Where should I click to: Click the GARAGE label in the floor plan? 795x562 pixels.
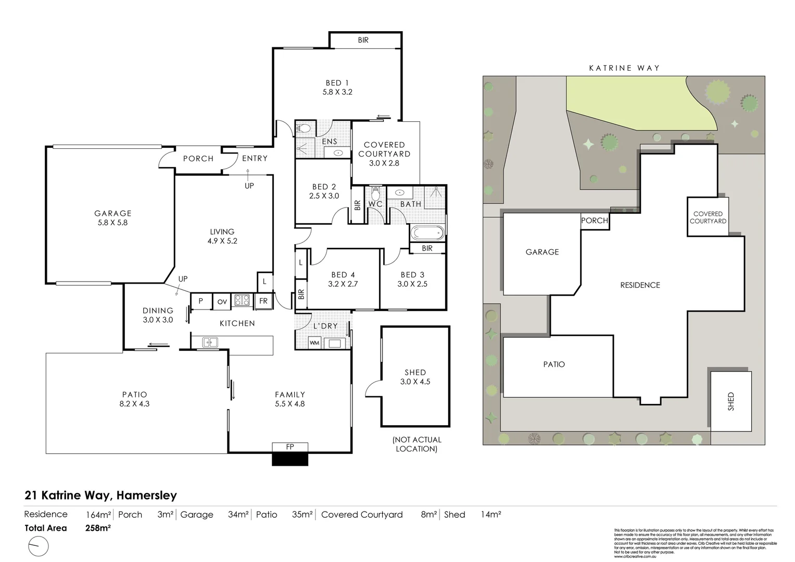(x=112, y=213)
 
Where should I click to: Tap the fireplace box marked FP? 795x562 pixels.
(x=290, y=447)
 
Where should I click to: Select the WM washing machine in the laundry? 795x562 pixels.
(x=314, y=343)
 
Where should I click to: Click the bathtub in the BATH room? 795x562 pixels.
(x=427, y=233)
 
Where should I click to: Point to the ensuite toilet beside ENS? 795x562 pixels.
(x=304, y=128)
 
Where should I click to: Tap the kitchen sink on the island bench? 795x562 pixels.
(x=211, y=342)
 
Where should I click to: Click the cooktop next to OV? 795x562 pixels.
(x=242, y=301)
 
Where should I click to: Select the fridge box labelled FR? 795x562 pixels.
(x=263, y=301)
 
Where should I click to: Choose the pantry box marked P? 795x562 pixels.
(x=200, y=301)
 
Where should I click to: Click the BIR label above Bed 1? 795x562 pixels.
(x=363, y=40)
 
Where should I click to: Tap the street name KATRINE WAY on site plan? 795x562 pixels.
(x=624, y=68)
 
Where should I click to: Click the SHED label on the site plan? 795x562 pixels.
(x=731, y=401)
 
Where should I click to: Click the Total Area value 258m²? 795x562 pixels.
(x=98, y=528)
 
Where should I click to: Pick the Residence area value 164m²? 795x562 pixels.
(x=98, y=515)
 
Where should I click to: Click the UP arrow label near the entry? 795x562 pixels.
(x=249, y=185)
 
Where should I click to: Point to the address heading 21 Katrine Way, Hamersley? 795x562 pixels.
(x=101, y=495)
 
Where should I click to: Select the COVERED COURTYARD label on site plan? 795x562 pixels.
(x=708, y=218)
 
